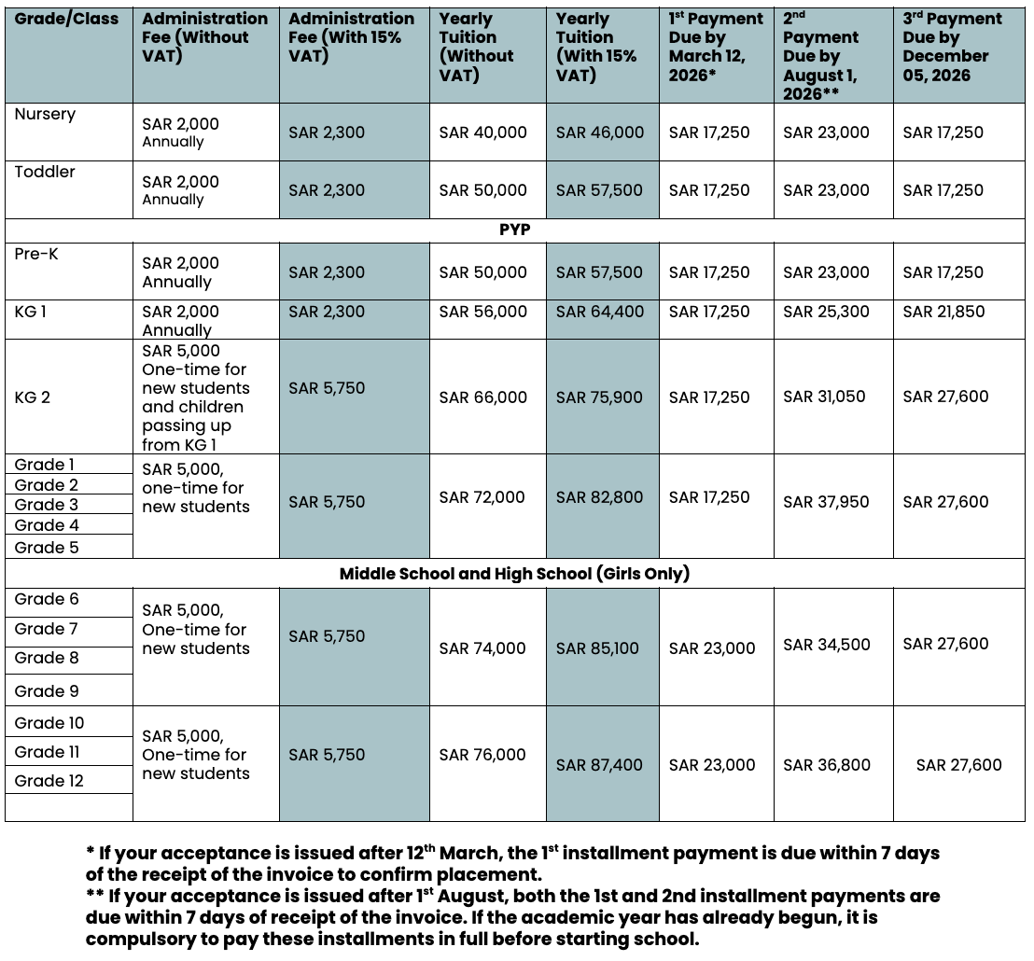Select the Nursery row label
pyautogui.click(x=45, y=114)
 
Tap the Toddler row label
pyautogui.click(x=45, y=172)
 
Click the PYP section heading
pyautogui.click(x=514, y=230)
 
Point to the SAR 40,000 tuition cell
pyautogui.click(x=482, y=132)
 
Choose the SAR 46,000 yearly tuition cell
pyautogui.click(x=600, y=132)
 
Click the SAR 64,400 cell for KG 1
pyautogui.click(x=600, y=312)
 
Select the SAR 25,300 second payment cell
pyautogui.click(x=826, y=312)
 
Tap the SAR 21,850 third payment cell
pyautogui.click(x=943, y=312)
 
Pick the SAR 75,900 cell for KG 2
pyautogui.click(x=600, y=397)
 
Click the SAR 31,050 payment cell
pyautogui.click(x=824, y=397)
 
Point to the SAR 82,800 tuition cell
pyautogui.click(x=600, y=497)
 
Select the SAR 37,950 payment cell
pyautogui.click(x=826, y=502)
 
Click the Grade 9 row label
pyautogui.click(x=47, y=691)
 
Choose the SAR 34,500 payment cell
pyautogui.click(x=826, y=644)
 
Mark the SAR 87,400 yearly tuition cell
pyautogui.click(x=600, y=765)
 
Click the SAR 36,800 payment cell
pyautogui.click(x=826, y=765)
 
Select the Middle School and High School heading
pyautogui.click(x=514, y=574)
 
